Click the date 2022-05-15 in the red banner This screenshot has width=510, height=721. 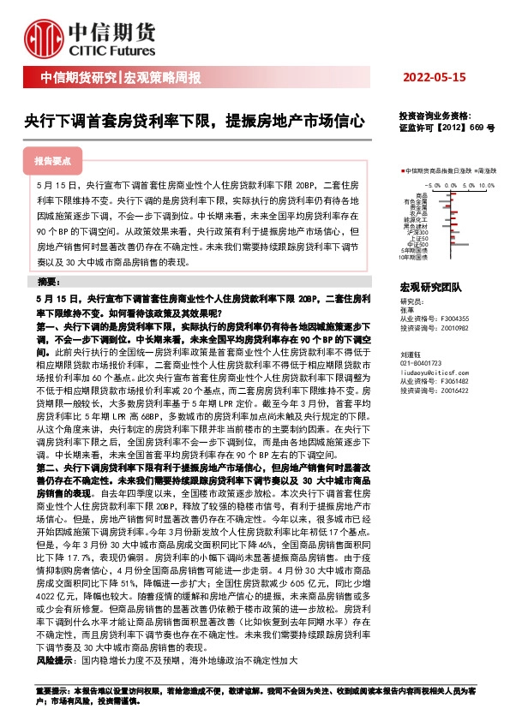coord(434,78)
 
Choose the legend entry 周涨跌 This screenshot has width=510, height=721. coord(489,171)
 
